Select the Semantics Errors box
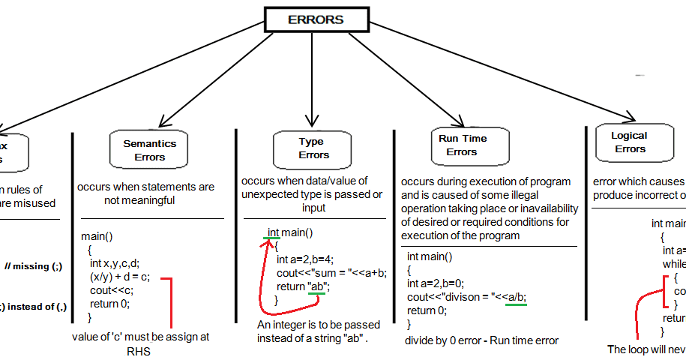[150, 149]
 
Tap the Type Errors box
[313, 148]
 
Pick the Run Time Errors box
[462, 145]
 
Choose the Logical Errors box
[630, 142]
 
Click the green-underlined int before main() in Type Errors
[273, 232]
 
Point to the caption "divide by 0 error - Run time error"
[481, 341]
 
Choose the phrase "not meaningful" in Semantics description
[140, 200]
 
